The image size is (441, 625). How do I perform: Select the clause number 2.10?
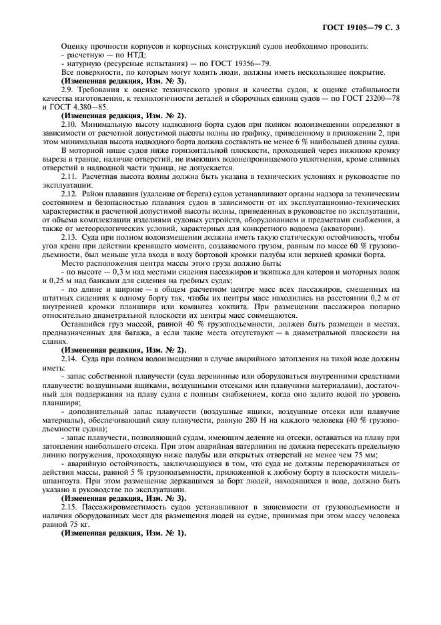tap(69, 124)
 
